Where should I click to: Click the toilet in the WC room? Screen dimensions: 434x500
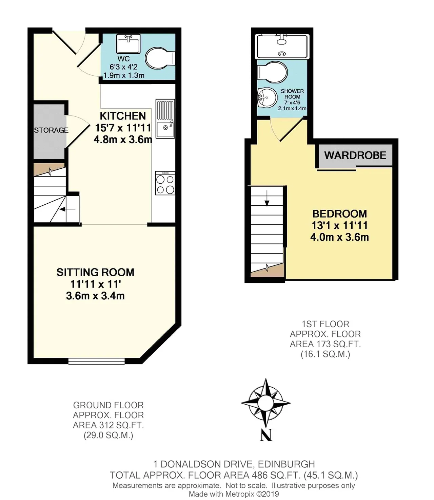[160, 58]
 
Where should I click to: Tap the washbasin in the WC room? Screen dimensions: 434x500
[128, 44]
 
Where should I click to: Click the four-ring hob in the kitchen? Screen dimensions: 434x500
[165, 183]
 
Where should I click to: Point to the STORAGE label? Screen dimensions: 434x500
[51, 130]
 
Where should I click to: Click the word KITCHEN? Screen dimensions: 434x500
[123, 116]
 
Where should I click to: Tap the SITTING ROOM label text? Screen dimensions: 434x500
[95, 272]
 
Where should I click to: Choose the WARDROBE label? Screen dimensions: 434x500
[355, 155]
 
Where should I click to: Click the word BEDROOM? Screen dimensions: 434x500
[339, 214]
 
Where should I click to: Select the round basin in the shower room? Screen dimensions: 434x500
[267, 97]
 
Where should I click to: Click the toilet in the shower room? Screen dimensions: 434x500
[272, 72]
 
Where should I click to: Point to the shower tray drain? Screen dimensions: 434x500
[282, 54]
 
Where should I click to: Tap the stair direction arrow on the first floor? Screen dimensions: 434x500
[267, 198]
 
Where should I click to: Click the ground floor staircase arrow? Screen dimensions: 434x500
[67, 209]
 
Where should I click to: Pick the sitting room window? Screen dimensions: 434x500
[97, 361]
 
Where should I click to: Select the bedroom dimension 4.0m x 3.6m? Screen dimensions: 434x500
[339, 237]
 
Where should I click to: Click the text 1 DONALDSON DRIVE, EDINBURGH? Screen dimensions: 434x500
[234, 464]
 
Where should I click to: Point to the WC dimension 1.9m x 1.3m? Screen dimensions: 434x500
[124, 75]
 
